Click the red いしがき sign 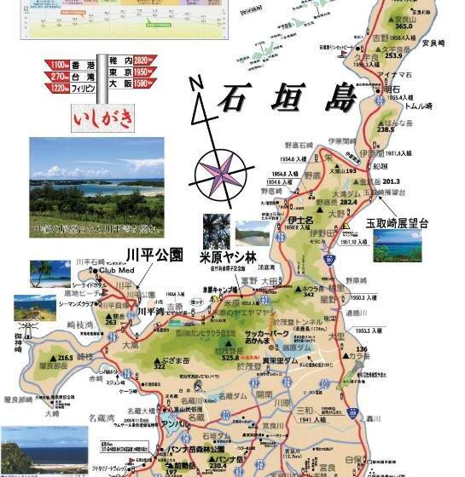coord(104,118)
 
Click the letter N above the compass coord(195,83)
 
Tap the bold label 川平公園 coord(154,254)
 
